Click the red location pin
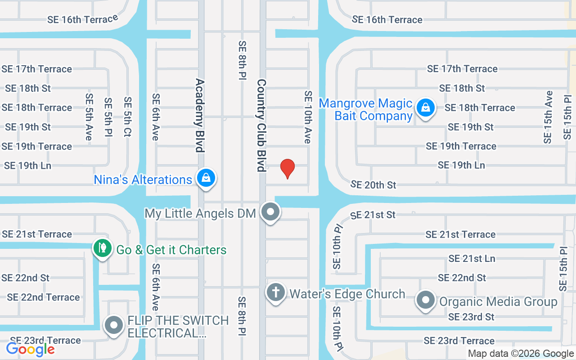[x=288, y=169]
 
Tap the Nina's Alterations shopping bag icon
[x=206, y=178]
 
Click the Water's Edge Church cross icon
[x=276, y=292]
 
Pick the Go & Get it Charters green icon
[x=102, y=248]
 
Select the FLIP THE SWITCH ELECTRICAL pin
[x=114, y=325]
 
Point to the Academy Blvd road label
[x=200, y=115]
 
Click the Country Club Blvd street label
[x=261, y=126]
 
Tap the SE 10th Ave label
[x=308, y=117]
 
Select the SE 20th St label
[x=373, y=184]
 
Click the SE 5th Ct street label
[x=128, y=117]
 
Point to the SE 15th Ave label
[x=548, y=117]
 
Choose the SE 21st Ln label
[x=472, y=258]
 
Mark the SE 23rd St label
[x=471, y=317]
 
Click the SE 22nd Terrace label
[x=43, y=297]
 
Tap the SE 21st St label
[x=373, y=215]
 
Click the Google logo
[x=31, y=349]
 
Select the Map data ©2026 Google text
[x=521, y=354]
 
